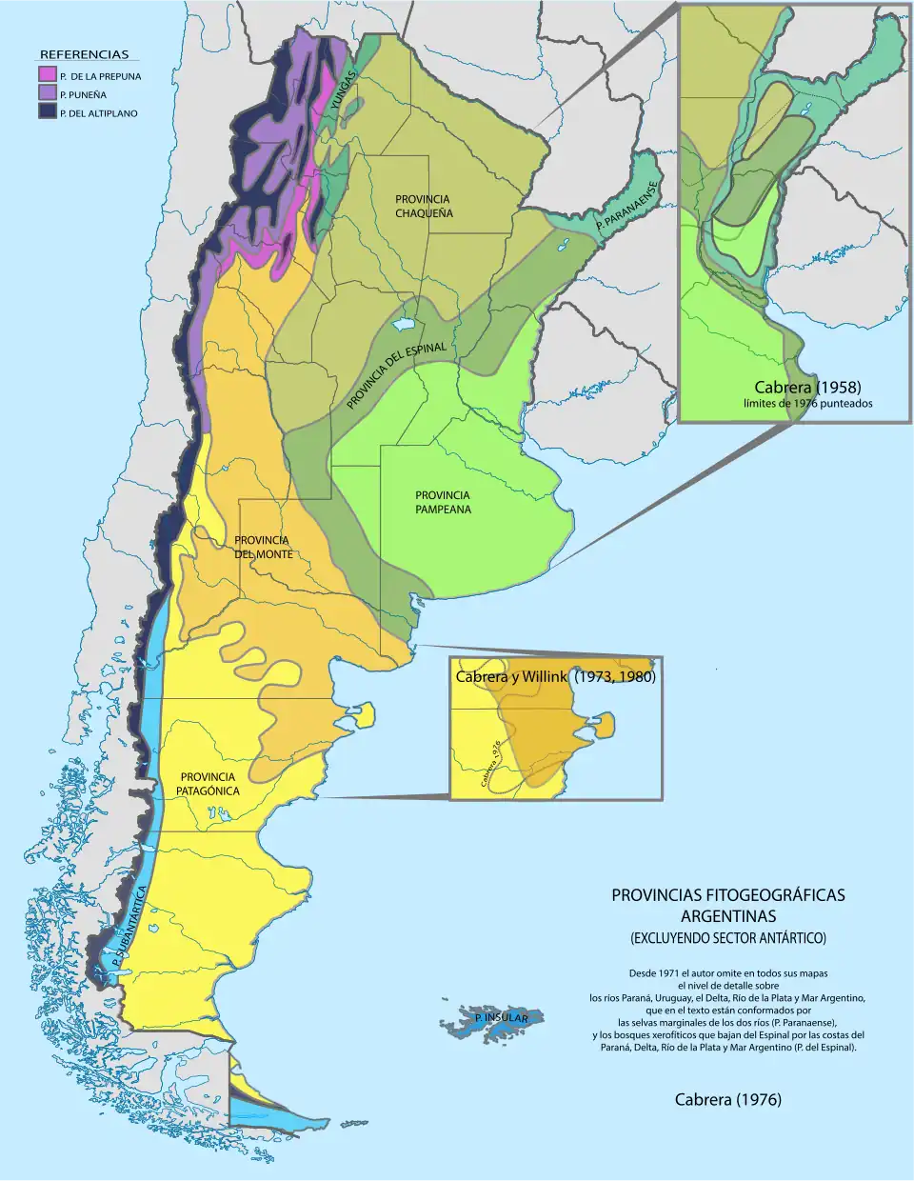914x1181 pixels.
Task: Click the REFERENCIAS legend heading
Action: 84,54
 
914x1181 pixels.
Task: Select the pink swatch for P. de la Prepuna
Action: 47,75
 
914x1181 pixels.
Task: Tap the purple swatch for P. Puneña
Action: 47,93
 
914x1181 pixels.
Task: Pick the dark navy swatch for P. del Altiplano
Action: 47,111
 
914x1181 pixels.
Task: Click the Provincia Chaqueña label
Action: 424,207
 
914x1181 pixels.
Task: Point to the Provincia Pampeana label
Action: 443,502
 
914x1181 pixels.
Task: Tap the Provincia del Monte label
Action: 263,547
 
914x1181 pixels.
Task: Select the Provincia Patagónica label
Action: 209,784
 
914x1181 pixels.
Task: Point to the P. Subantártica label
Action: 129,929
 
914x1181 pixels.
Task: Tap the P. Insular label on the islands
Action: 501,1018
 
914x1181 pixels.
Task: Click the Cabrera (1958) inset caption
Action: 807,387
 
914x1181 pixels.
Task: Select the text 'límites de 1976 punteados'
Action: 807,403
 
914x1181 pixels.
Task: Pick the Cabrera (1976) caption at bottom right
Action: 727,1099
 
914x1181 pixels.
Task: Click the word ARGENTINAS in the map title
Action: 727,916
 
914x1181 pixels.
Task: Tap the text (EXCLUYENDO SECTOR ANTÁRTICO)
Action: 727,938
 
